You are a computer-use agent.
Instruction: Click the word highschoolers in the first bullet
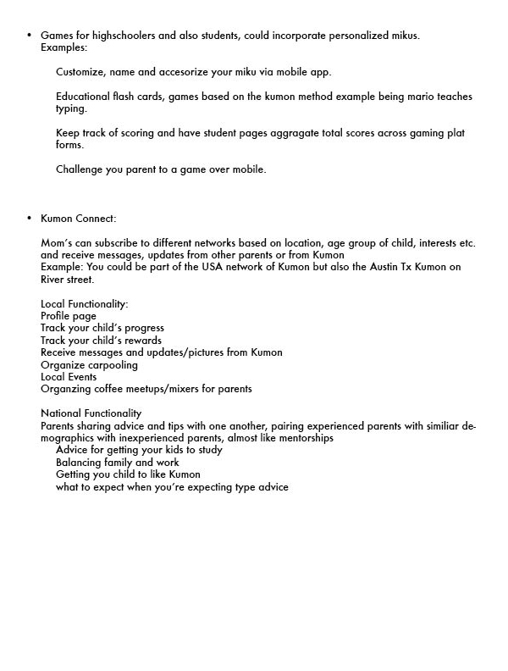pyautogui.click(x=116, y=36)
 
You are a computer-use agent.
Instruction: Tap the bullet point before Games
pyautogui.click(x=30, y=36)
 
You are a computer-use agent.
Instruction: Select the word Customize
pyautogui.click(x=81, y=72)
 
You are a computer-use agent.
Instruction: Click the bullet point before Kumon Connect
pyautogui.click(x=30, y=219)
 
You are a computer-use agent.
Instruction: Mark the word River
pyautogui.click(x=55, y=280)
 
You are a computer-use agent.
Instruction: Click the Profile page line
pyautogui.click(x=69, y=316)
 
